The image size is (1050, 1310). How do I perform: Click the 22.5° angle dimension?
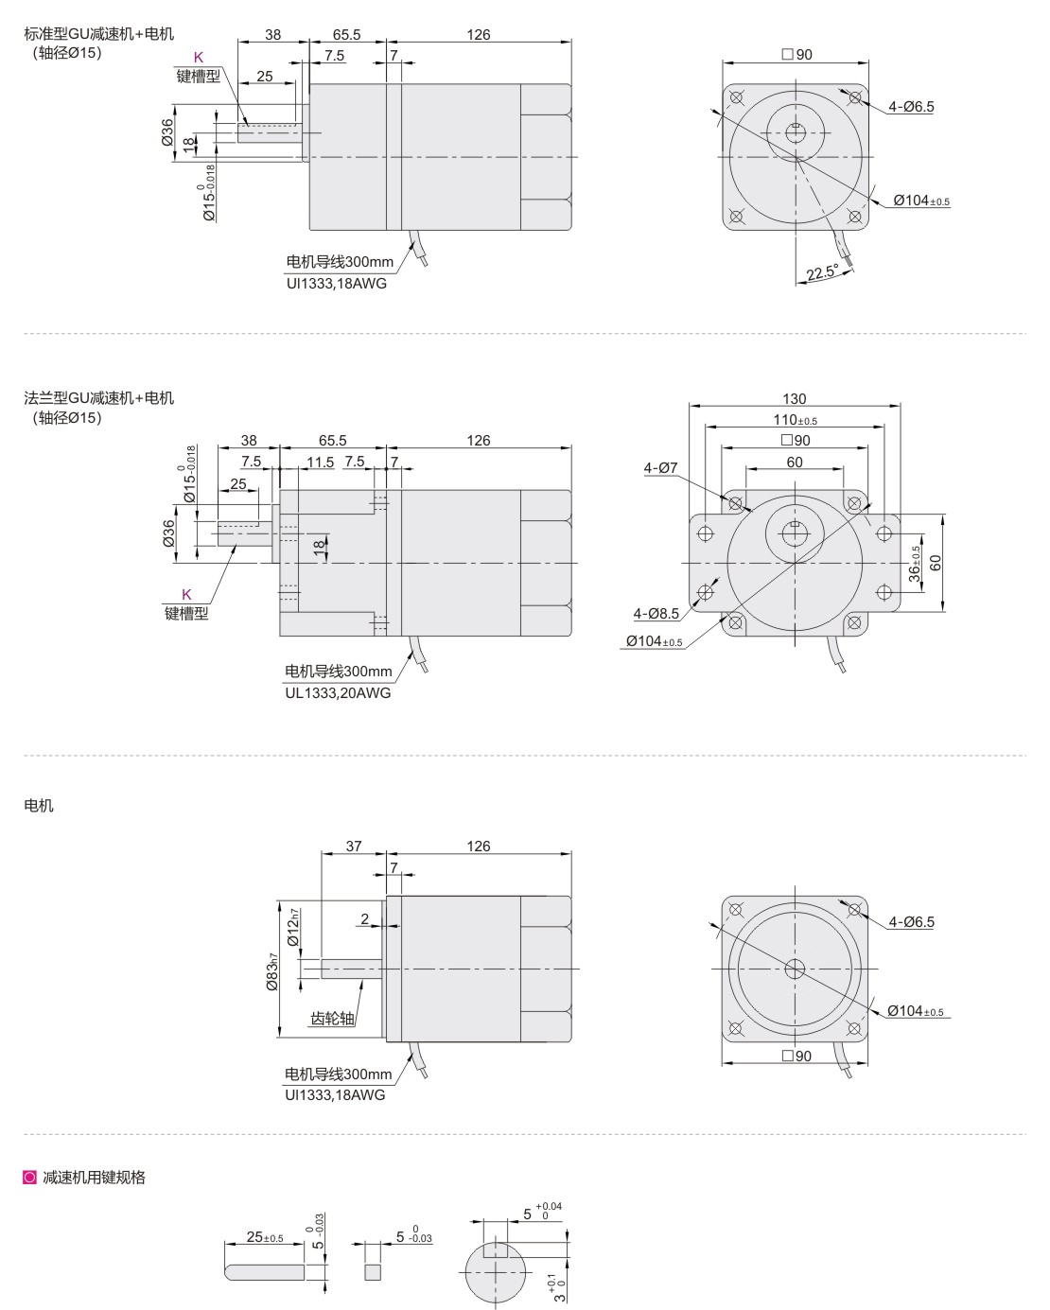coord(822,272)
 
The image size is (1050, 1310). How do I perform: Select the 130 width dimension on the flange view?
coord(795,399)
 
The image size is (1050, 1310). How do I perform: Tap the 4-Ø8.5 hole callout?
coord(656,614)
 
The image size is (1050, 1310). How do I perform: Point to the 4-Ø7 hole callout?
coord(661,467)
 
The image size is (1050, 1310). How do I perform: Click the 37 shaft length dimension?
coord(354,847)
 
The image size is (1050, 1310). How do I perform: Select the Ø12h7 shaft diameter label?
coord(293,927)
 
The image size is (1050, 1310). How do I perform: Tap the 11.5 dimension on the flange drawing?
coord(321,462)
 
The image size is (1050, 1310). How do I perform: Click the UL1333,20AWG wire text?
coord(338,692)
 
